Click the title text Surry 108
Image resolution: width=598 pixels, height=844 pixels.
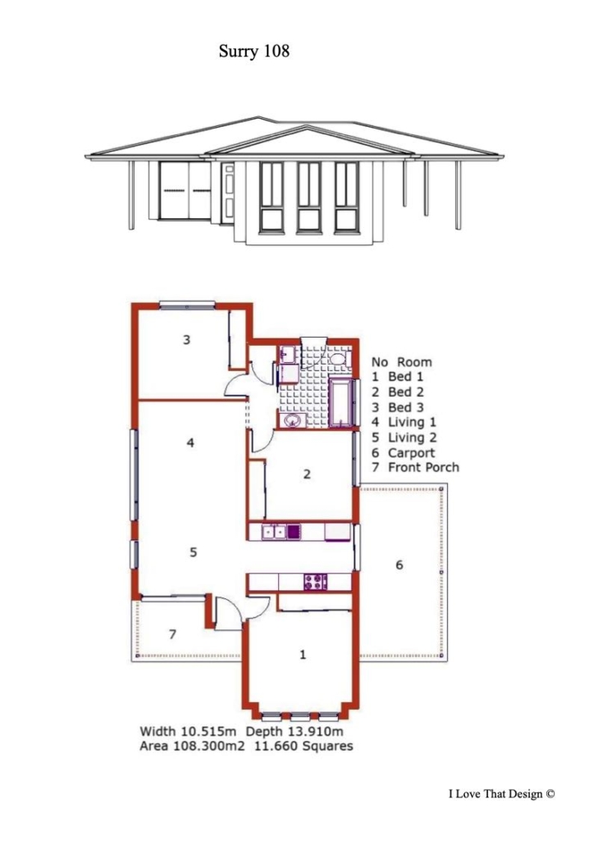254,51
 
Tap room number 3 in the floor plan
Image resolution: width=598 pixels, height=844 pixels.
186,339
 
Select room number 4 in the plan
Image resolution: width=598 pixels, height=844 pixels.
190,443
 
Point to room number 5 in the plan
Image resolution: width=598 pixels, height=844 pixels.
194,552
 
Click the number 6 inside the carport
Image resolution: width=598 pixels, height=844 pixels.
399,565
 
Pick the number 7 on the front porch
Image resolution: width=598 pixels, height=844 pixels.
172,634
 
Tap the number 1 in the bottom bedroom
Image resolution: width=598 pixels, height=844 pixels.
303,655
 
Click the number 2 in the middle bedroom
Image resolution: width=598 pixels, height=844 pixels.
307,474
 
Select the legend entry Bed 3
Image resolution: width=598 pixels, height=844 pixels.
406,407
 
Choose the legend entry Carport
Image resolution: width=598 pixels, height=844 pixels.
411,452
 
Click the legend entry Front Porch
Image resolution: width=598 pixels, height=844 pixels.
423,467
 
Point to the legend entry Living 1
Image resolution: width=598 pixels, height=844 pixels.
412,423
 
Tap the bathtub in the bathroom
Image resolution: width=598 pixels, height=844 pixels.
341,403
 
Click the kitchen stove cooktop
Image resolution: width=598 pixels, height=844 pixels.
316,582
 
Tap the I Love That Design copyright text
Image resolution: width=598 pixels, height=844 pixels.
501,794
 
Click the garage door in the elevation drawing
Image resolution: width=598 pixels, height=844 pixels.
185,190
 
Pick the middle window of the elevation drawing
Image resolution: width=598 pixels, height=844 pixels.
309,197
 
